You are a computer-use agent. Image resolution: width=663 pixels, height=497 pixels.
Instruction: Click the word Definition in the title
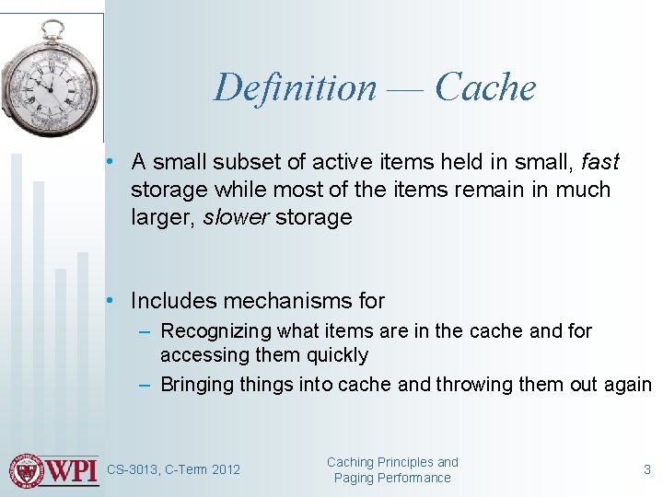click(x=295, y=88)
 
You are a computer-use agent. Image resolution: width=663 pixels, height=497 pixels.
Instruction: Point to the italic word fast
click(x=600, y=163)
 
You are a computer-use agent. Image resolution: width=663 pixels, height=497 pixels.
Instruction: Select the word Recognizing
click(x=215, y=331)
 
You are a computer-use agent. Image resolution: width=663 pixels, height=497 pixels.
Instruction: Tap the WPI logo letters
click(x=71, y=470)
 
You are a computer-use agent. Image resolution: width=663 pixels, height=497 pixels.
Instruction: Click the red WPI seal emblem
click(x=27, y=470)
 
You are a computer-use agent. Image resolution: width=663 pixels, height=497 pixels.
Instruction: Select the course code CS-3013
click(x=133, y=470)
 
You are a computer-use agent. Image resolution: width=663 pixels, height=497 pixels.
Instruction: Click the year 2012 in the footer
click(x=226, y=470)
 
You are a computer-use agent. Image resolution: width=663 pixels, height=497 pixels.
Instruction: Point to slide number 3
click(x=646, y=470)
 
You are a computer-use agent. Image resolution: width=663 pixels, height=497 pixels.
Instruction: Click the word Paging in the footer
click(x=354, y=479)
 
